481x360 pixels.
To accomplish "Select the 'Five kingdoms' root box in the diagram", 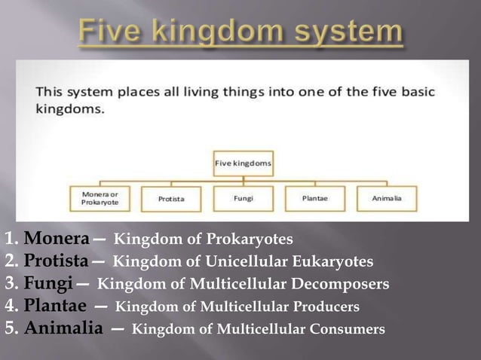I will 244,162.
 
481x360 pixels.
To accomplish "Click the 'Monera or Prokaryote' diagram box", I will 103,197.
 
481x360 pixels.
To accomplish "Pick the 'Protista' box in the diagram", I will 171,199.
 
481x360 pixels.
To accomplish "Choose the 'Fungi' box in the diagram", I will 244,198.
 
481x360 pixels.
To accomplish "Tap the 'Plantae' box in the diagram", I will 315,198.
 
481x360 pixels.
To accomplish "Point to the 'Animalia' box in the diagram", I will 387,198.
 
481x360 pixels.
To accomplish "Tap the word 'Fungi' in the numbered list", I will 47,285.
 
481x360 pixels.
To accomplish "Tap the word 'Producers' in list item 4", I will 321,307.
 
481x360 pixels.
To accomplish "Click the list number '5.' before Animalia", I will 11,329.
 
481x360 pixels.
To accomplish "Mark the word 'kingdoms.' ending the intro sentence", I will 70,108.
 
